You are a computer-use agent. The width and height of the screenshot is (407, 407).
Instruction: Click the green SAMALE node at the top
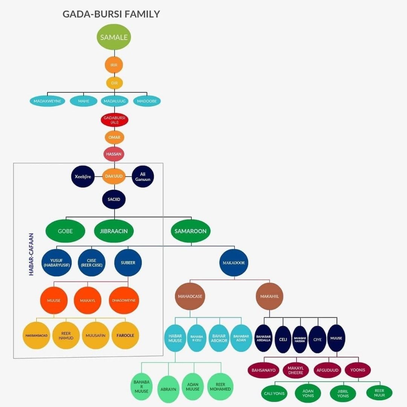point(114,37)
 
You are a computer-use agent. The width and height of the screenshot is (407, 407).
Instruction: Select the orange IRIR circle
point(114,65)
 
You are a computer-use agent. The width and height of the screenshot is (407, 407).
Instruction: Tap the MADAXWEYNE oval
point(47,101)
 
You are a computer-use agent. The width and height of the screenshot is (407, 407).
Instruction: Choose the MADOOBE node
point(147,101)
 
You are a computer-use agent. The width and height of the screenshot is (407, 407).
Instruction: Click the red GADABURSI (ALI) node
point(114,120)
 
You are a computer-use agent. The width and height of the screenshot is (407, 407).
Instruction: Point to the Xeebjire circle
point(83,176)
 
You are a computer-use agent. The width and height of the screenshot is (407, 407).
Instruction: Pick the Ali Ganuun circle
point(143,176)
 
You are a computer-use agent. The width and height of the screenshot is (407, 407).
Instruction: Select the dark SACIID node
point(114,199)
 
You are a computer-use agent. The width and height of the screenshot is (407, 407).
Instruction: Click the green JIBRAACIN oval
point(114,231)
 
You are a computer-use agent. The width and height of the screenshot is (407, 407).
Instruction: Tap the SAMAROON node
point(191,231)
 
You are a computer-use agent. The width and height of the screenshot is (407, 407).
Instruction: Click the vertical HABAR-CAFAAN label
point(31,254)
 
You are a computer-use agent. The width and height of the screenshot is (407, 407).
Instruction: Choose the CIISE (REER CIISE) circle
point(91,263)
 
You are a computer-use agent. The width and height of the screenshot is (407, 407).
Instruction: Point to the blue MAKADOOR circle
point(234,263)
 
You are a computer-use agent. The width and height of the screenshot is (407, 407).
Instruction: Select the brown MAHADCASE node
point(190,296)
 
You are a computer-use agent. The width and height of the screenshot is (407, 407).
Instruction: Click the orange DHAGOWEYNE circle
point(124,300)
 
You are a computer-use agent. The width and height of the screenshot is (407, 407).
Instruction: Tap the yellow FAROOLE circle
point(126,335)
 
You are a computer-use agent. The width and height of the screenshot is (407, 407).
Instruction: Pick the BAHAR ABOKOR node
point(219,338)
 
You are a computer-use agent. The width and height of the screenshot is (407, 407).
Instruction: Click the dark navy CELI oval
point(283,339)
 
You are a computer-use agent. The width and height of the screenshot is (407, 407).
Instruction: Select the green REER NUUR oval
point(379,393)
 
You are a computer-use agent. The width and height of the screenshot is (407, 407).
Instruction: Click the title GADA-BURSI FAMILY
point(111,14)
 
